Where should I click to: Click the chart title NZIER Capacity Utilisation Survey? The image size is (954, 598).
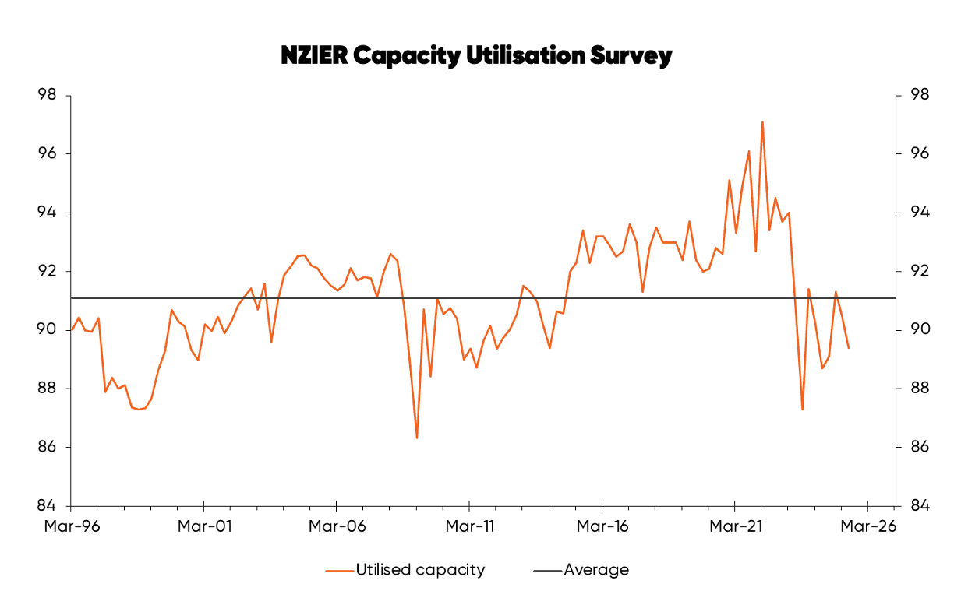476,56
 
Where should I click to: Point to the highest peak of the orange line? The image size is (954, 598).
761,122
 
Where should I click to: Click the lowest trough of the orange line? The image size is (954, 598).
417,438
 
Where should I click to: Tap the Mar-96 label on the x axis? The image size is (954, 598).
72,526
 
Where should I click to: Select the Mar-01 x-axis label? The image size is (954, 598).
204,526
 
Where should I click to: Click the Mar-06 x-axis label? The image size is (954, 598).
337,526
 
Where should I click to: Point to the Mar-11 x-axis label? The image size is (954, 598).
469,526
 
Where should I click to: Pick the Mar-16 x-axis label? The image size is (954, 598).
602,526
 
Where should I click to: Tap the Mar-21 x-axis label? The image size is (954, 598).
735,526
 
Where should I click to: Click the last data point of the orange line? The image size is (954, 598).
848,348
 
